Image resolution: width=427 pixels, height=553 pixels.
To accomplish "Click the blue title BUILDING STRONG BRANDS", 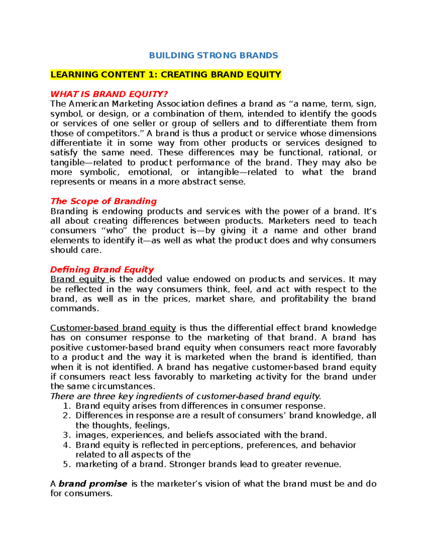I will click(213, 55).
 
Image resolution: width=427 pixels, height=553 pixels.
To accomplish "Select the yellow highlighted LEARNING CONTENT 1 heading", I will click(166, 75).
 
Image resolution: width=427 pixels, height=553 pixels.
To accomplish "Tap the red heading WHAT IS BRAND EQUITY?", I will click(109, 94).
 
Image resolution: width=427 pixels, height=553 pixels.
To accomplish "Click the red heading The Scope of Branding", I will click(104, 201).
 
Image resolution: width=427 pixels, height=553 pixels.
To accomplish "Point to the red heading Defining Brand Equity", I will click(102, 270).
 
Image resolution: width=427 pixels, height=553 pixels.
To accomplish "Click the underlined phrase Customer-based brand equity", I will click(113, 328).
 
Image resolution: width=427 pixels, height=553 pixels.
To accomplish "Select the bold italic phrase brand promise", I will click(93, 484).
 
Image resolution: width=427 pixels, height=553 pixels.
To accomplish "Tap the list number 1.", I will click(66, 406).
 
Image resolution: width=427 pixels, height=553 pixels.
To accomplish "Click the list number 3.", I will click(66, 435).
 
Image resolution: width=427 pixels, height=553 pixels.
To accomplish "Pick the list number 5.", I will click(66, 464).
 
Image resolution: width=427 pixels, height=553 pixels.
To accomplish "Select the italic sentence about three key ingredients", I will click(186, 396).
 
